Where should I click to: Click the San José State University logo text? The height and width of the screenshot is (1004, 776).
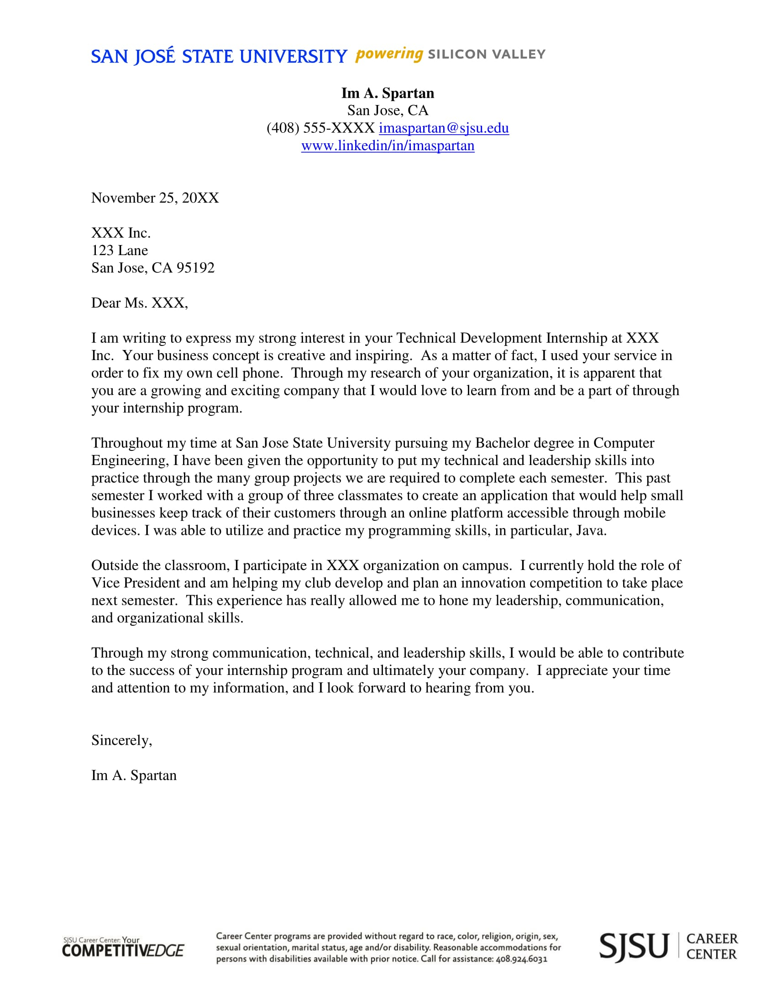coord(219,57)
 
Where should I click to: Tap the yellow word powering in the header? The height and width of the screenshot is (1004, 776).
coord(389,54)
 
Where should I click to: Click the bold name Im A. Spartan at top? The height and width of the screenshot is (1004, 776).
coord(388,93)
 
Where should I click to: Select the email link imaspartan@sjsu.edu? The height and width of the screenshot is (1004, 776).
coord(444,128)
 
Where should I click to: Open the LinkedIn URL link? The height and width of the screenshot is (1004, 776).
coord(388,146)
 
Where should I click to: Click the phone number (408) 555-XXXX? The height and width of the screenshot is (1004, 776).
coord(320,128)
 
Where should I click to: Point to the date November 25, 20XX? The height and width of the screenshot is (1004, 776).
coord(155,198)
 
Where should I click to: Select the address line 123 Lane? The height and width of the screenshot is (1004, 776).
coord(120,251)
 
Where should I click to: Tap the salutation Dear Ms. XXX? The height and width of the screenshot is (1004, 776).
coord(140,303)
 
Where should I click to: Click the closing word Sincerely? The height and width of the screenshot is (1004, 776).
coord(121,740)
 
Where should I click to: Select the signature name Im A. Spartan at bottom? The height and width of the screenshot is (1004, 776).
coord(134,775)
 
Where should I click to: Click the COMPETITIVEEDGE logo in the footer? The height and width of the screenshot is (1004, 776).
coord(123,950)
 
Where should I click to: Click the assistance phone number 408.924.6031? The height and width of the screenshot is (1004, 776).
coord(521,959)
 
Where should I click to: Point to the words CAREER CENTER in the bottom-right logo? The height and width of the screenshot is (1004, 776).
coord(712,946)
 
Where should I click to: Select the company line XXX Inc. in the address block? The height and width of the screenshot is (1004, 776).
coord(121,233)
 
